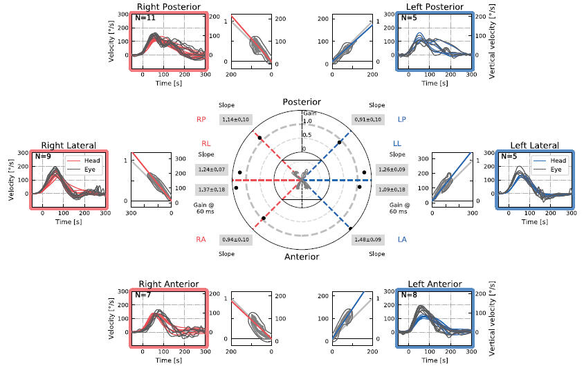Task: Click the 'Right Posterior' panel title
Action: coord(168,7)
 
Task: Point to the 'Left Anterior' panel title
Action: coord(435,284)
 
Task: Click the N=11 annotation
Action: coord(145,17)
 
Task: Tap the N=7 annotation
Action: coord(145,295)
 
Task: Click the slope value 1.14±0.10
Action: coord(235,120)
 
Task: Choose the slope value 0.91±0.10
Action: coord(367,120)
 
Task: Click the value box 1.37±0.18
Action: coord(211,189)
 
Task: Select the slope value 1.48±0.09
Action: coord(367,240)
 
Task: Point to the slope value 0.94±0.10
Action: coord(235,240)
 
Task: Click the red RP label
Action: coord(201,120)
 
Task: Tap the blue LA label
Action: coord(403,240)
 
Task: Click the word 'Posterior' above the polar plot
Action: coord(302,102)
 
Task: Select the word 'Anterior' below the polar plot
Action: coord(302,257)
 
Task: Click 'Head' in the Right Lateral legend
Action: coord(92,161)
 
